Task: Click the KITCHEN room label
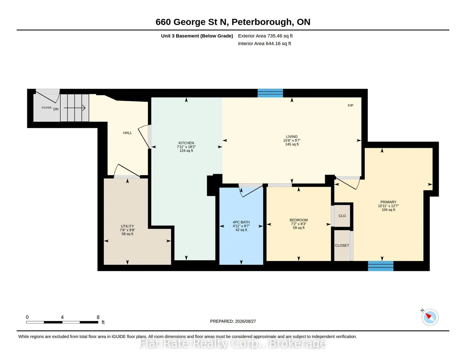tap(186, 143)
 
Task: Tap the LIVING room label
tap(292, 137)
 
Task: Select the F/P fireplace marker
tap(351, 106)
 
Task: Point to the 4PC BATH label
tap(241, 222)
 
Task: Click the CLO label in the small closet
tap(342, 216)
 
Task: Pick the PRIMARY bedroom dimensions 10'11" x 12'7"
tap(388, 206)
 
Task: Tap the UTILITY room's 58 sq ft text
tap(127, 234)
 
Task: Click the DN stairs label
tap(56, 109)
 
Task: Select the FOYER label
tap(47, 108)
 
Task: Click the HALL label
tap(127, 133)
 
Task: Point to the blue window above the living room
tap(270, 93)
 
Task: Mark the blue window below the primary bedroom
tap(381, 266)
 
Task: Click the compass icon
tap(430, 317)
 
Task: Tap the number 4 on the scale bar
tap(62, 317)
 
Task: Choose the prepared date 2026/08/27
tap(245, 321)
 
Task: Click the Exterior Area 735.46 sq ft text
tap(265, 36)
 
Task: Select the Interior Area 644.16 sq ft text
tap(264, 44)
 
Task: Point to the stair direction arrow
tap(75, 108)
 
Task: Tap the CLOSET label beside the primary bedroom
tap(342, 245)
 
